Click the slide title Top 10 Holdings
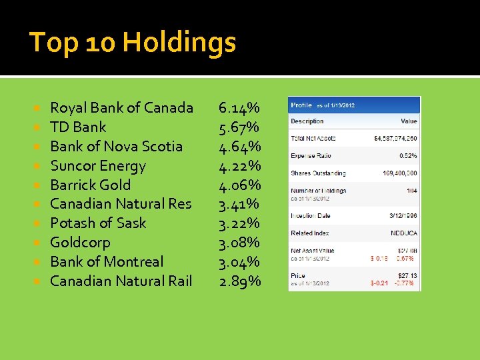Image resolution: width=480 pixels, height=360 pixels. tap(133, 43)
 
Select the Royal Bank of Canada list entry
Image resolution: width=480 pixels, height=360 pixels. tap(121, 108)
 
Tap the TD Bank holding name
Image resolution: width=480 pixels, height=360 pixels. tap(78, 127)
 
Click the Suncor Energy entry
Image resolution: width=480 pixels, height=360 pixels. tap(97, 166)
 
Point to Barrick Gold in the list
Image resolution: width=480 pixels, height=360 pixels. tap(90, 185)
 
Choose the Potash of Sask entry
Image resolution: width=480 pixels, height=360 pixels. tap(97, 223)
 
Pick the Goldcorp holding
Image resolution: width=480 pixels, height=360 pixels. tap(80, 243)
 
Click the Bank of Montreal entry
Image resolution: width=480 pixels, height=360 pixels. tap(106, 262)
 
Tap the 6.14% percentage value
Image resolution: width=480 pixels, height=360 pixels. tap(240, 108)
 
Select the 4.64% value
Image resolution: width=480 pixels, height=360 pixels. tap(240, 147)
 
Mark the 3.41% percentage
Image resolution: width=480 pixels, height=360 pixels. tap(240, 204)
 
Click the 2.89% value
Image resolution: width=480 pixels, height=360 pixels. tap(240, 281)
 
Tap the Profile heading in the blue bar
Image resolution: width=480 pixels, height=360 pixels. tap(301, 105)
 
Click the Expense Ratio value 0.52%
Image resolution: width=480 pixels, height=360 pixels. tap(408, 156)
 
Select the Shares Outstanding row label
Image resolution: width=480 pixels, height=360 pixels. tap(318, 173)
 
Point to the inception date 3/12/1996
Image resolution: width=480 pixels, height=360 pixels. tap(403, 216)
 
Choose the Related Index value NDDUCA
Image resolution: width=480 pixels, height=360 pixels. tap(404, 233)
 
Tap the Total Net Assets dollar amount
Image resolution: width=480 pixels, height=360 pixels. tap(396, 139)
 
